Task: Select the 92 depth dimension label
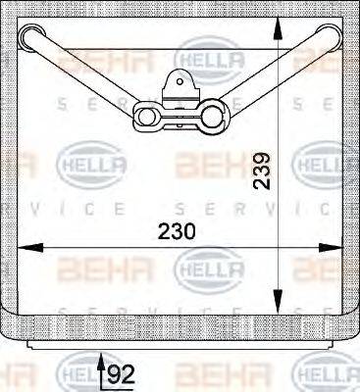coord(120,373)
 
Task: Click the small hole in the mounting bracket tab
coord(180,83)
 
